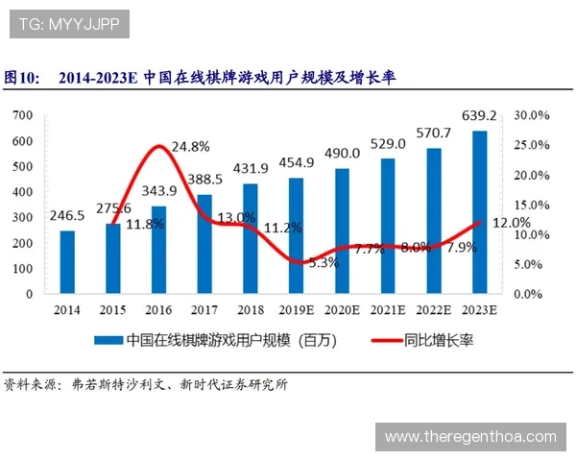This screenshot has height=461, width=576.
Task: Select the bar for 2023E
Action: click(x=479, y=212)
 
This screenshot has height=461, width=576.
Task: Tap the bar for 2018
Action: click(x=250, y=238)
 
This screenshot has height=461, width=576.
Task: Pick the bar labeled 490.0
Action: click(x=342, y=230)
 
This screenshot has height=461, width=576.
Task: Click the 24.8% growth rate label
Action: click(x=190, y=147)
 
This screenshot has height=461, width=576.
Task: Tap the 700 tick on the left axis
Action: click(x=23, y=115)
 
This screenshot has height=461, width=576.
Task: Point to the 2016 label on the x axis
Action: click(x=159, y=309)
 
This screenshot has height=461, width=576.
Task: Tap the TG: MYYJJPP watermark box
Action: click(x=69, y=24)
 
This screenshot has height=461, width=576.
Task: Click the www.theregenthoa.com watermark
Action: click(x=470, y=437)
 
